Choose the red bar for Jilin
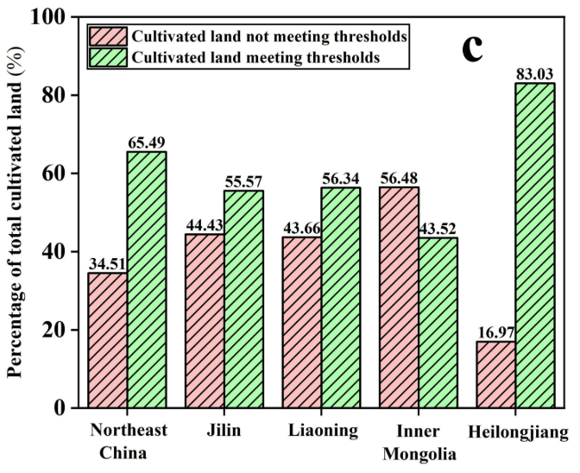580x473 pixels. tap(205, 320)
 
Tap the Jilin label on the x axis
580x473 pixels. tap(224, 429)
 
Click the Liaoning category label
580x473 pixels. tap(321, 429)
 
